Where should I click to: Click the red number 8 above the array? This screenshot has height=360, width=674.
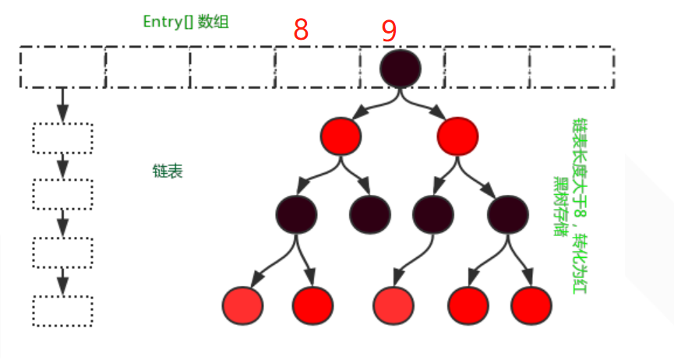pyautogui.click(x=301, y=30)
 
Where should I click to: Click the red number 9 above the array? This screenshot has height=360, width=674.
pyautogui.click(x=389, y=30)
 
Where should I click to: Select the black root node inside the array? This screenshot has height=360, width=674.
pyautogui.click(x=401, y=67)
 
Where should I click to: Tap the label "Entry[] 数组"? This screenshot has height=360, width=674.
pyautogui.click(x=185, y=21)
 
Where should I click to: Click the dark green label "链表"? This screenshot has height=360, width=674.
pyautogui.click(x=168, y=171)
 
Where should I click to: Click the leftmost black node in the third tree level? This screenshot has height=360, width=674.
pyautogui.click(x=295, y=212)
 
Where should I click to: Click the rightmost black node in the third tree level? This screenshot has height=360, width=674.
pyautogui.click(x=508, y=212)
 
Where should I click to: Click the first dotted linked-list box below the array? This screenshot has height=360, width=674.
pyautogui.click(x=62, y=139)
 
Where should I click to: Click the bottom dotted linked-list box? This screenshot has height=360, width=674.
pyautogui.click(x=62, y=311)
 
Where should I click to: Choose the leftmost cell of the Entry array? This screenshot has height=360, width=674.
pyautogui.click(x=62, y=67)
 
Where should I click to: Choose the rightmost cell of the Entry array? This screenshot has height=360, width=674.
pyautogui.click(x=571, y=67)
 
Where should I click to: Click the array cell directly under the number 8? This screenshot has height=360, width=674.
pyautogui.click(x=316, y=67)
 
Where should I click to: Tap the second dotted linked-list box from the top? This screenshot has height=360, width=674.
pyautogui.click(x=62, y=194)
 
